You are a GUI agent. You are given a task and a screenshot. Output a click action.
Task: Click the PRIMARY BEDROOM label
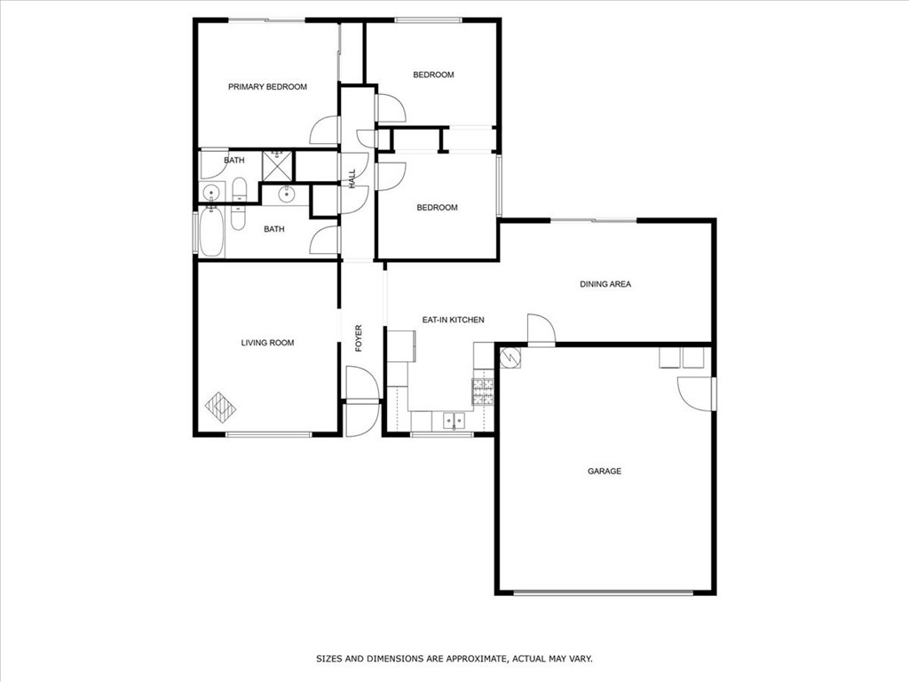[x=267, y=87]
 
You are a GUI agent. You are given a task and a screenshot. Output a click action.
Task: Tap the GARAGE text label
[x=605, y=472]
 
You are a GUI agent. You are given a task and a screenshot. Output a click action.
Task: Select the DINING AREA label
[x=605, y=284]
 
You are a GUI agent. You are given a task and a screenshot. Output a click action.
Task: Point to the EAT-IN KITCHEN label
[x=453, y=320]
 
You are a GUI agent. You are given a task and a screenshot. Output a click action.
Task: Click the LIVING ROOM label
[x=267, y=343]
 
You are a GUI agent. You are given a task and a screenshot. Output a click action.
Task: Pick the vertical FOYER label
[x=360, y=338]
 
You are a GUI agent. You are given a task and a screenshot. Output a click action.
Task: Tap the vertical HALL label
[x=352, y=178]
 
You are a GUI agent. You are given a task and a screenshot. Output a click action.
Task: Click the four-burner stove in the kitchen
[x=483, y=391]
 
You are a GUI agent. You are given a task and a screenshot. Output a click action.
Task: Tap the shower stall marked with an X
[x=278, y=165]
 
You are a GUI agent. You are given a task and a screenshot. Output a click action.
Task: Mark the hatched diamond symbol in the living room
[x=221, y=406]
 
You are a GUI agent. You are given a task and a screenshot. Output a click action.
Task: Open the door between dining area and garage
[x=541, y=329]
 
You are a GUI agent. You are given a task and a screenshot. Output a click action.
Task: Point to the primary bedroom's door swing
[x=326, y=132]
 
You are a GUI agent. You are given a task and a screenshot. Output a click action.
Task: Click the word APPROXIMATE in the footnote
[x=454, y=659]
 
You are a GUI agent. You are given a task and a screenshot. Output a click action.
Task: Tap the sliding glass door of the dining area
[x=593, y=219]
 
